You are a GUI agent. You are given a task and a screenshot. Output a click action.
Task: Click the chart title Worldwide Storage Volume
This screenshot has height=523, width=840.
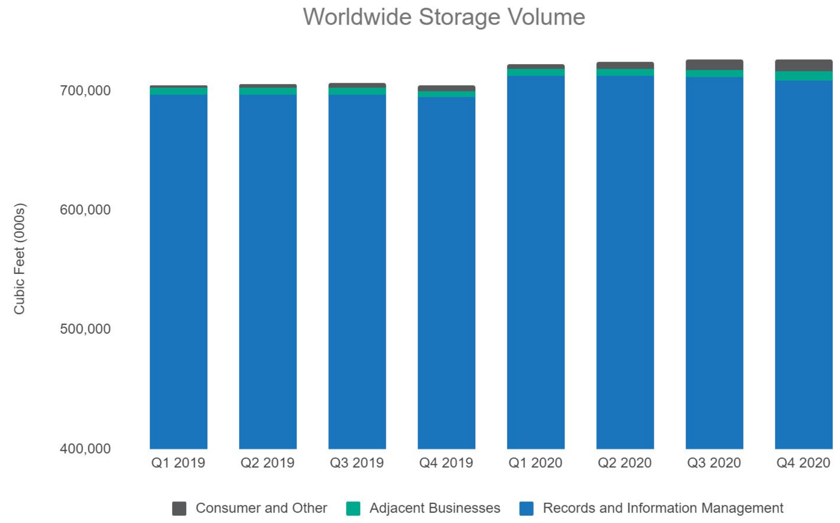(x=444, y=17)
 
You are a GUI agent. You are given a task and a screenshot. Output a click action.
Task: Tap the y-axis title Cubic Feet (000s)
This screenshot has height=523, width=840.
(x=19, y=259)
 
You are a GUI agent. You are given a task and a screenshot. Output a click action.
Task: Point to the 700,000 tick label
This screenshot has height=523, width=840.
(x=85, y=91)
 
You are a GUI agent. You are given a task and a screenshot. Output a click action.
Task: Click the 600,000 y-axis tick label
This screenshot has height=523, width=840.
(x=85, y=210)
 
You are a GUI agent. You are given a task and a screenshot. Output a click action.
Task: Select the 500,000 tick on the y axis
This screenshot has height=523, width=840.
(x=85, y=329)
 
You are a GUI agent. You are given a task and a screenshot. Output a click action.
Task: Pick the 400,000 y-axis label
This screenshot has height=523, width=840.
(x=85, y=448)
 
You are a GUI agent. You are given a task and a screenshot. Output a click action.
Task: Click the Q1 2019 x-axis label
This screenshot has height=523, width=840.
(x=178, y=463)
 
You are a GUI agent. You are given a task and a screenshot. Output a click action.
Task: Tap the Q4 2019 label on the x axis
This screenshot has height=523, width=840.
(x=446, y=463)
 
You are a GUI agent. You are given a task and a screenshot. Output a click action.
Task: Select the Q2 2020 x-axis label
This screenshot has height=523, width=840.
(x=624, y=463)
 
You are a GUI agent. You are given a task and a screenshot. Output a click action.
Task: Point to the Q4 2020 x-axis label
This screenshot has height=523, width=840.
(x=803, y=463)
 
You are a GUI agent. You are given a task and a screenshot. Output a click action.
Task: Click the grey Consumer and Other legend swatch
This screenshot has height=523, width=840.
(x=179, y=508)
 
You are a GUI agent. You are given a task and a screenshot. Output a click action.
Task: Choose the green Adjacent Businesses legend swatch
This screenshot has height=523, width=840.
(x=353, y=508)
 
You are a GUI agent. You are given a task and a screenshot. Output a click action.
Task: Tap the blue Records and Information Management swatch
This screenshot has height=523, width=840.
(x=526, y=508)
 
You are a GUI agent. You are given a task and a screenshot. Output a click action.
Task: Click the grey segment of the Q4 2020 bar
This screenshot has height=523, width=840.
(x=803, y=65)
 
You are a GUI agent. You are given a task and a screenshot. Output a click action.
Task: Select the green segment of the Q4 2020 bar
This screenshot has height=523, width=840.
(x=803, y=76)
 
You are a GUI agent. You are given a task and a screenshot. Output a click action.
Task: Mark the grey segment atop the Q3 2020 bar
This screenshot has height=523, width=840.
(x=714, y=65)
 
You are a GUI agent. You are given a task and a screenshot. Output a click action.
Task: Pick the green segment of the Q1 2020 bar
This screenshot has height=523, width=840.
(x=535, y=72)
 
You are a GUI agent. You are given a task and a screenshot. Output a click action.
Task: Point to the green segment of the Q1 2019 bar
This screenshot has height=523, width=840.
(x=178, y=91)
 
